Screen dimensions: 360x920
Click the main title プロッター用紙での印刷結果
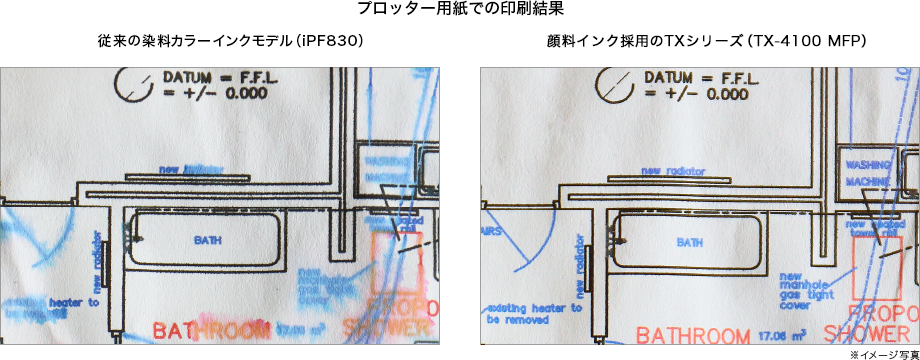(459, 11)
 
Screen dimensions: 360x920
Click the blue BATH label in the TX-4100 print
(689, 243)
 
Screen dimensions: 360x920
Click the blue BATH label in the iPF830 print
(208, 240)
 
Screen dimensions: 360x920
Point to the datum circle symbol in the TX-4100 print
(612, 86)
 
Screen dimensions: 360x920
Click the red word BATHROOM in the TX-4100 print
(693, 335)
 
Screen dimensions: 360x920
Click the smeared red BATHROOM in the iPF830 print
(211, 330)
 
